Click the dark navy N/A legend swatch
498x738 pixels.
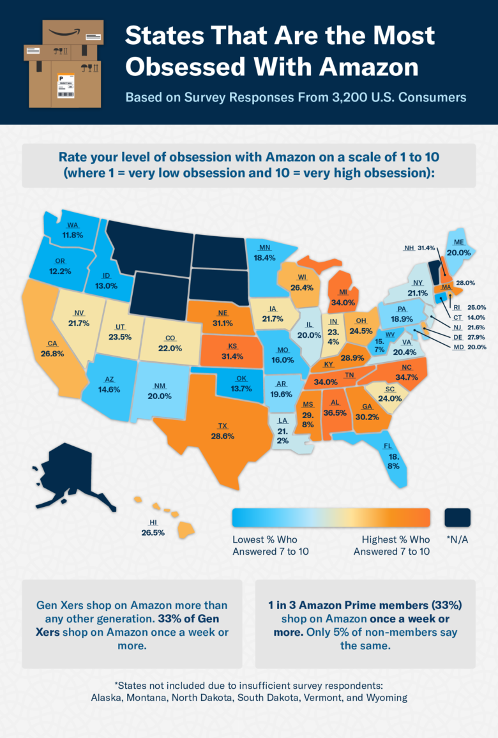coord(456,517)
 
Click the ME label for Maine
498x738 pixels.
coord(458,243)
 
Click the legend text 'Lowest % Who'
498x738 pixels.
coord(264,539)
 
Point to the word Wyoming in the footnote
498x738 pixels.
coord(385,697)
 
